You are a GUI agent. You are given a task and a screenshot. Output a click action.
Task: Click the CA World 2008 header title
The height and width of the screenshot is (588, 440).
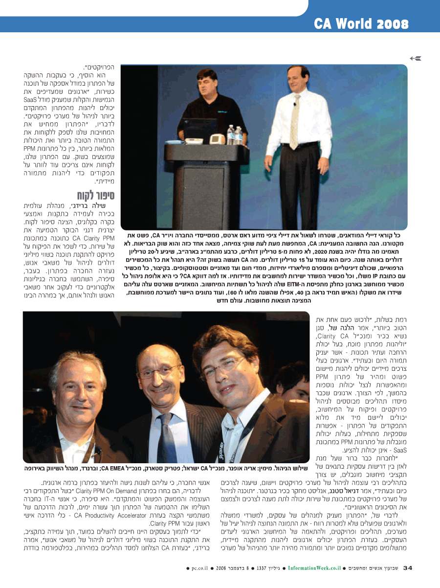361,23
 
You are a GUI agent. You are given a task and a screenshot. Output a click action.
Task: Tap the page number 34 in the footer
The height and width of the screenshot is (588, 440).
408,567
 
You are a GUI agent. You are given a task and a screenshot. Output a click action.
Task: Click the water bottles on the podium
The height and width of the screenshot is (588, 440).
235,135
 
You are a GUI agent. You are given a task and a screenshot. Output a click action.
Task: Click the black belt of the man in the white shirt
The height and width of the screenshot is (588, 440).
299,144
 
